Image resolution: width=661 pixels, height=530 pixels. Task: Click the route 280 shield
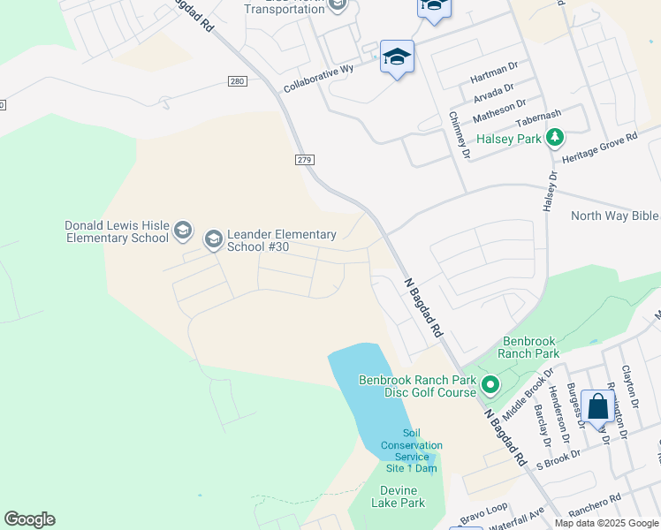(235, 82)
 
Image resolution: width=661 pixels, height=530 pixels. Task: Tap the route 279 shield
(304, 159)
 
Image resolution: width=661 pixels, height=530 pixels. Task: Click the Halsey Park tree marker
(555, 137)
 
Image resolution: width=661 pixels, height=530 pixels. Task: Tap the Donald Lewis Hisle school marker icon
(183, 231)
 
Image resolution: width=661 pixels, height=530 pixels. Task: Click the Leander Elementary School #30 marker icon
(213, 239)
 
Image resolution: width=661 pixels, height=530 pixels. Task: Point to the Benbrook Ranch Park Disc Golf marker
(490, 384)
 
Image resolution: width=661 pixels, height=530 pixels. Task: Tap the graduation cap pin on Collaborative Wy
(397, 57)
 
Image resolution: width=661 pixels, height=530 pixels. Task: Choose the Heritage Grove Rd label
(599, 150)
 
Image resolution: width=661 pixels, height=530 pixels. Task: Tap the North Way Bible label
(615, 216)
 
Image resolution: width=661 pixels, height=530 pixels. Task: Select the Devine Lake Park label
(402, 496)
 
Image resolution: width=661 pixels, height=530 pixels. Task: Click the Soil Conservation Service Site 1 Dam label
(411, 450)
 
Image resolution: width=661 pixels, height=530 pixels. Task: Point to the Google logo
(29, 519)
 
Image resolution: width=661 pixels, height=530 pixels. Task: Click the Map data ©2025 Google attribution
(605, 523)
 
